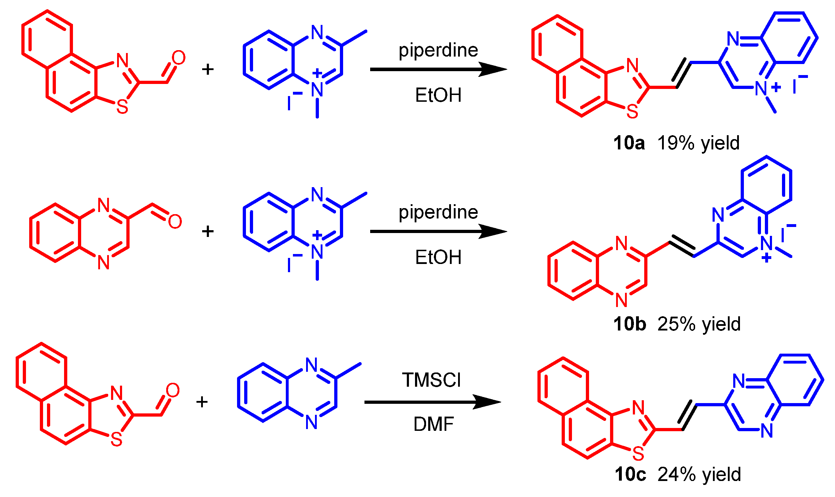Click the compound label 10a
coord(629,143)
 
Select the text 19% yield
coord(698,143)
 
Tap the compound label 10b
coord(630,324)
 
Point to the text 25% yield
coord(699,324)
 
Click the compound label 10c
coord(630,474)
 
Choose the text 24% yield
coord(699,474)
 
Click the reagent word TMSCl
coord(431,380)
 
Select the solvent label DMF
coord(434,424)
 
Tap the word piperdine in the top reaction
coord(438,50)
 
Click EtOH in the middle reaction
coord(438,257)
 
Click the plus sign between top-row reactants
coord(208,69)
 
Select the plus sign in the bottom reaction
coord(202,402)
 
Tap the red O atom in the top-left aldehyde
coord(178,58)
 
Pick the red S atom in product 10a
coord(632,112)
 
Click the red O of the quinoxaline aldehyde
coord(175,222)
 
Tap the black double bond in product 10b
coord(682,246)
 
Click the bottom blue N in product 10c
coord(767,431)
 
